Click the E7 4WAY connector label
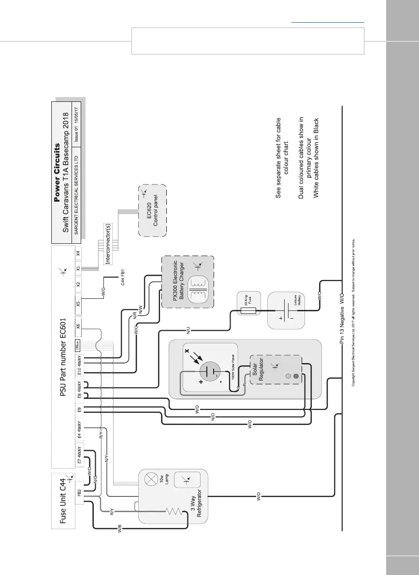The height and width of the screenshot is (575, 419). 80,455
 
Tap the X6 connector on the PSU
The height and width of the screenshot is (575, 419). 79,326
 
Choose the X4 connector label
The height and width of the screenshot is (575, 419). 78,253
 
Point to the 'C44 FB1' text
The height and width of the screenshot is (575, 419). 123,279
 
